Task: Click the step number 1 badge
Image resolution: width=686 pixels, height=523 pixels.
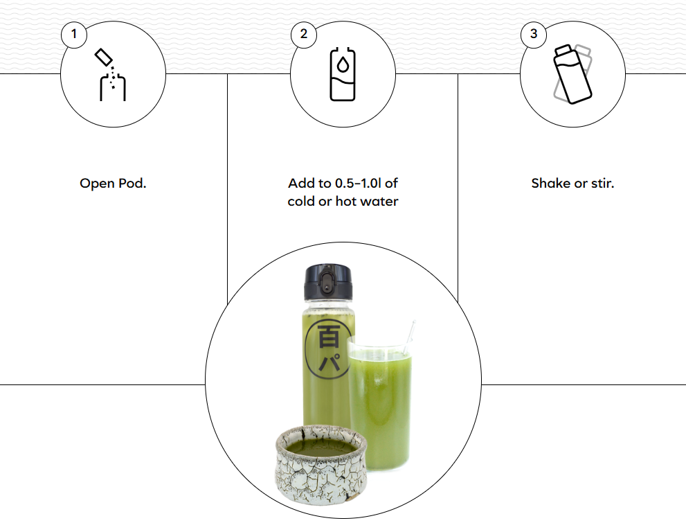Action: coord(74,34)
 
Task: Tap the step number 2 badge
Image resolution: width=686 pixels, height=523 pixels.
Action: coord(304,34)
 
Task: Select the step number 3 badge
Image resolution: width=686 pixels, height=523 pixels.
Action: coord(533,34)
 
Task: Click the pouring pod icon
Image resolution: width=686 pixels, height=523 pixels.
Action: coord(110,74)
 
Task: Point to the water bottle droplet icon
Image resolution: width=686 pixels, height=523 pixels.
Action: coord(343,74)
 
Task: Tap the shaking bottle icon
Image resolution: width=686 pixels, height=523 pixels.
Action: coord(572,74)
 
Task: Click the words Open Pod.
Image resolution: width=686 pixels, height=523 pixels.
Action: coord(113,184)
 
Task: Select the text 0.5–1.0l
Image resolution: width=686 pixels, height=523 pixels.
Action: coord(358,183)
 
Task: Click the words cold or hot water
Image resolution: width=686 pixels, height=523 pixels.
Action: coord(343,202)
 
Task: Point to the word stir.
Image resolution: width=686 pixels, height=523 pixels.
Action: coord(603,183)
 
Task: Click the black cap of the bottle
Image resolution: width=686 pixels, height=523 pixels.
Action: coord(328,283)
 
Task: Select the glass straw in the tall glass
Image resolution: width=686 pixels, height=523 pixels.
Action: coord(410,337)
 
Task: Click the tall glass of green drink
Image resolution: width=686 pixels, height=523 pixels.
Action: coord(380,405)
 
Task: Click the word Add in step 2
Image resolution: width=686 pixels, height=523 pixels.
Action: coord(299,183)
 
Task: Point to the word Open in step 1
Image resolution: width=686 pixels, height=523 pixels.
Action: coord(98,184)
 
